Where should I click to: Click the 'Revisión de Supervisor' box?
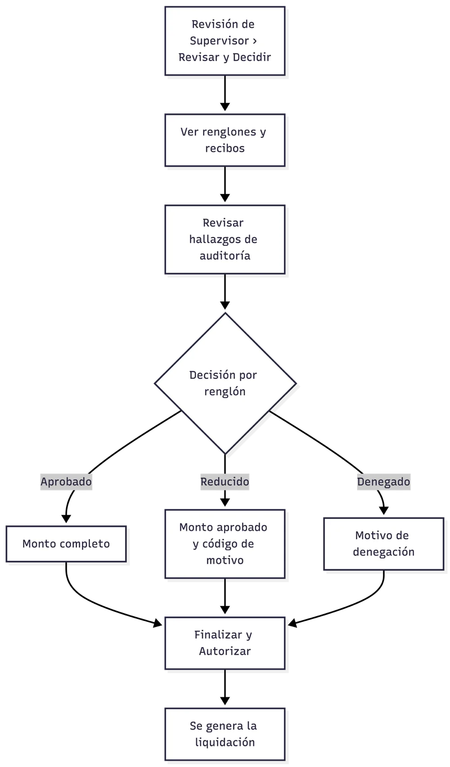tap(225, 41)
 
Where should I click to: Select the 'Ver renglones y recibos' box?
tap(225, 140)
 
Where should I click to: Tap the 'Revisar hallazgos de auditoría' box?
tap(225, 239)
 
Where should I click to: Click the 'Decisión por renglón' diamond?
tap(225, 384)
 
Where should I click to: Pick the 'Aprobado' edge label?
tap(66, 482)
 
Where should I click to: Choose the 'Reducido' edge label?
tap(225, 482)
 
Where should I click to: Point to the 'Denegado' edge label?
tap(383, 482)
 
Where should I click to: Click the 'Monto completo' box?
tap(66, 544)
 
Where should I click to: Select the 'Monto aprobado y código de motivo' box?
tap(225, 544)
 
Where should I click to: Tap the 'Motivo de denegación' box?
tap(383, 544)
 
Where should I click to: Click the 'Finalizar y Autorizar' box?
tap(225, 643)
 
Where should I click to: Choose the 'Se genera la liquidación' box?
tap(225, 734)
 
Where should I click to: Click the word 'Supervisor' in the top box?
tap(219, 41)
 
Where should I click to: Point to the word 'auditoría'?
tap(225, 256)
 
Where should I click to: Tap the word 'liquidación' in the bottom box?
tap(225, 742)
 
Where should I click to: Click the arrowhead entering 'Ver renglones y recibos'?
tap(225, 106)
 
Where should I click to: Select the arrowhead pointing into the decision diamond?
tap(225, 305)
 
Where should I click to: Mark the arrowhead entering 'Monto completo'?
tap(66, 519)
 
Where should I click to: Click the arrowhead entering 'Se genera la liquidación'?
tap(225, 700)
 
